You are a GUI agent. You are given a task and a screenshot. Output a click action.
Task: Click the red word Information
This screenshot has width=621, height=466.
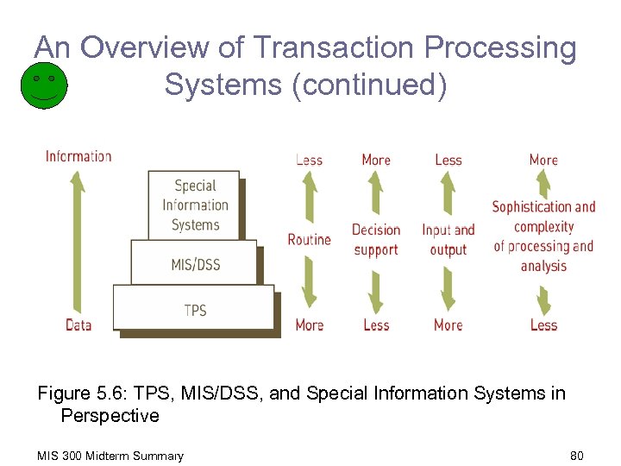78,156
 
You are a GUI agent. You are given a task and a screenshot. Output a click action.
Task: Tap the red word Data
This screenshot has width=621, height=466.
78,325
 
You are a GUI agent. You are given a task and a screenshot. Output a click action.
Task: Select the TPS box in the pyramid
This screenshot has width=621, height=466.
194,309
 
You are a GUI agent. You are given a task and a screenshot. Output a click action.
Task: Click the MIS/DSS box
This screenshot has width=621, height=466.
194,263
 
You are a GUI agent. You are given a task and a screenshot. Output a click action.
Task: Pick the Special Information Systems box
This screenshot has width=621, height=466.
194,205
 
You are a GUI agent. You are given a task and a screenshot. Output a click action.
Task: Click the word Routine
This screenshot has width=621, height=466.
309,239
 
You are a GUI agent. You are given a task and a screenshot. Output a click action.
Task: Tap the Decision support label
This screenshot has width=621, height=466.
376,240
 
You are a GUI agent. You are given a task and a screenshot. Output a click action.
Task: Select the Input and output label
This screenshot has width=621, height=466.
448,240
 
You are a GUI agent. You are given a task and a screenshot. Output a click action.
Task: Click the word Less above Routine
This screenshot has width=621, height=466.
309,160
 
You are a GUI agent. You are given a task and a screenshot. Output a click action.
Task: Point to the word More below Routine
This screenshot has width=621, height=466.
309,325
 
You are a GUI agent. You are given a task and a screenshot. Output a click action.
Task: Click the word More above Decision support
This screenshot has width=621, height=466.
376,160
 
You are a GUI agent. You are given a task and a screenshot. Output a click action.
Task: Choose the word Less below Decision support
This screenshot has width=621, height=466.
376,325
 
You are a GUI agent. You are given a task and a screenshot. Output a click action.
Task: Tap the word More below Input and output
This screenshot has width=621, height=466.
448,325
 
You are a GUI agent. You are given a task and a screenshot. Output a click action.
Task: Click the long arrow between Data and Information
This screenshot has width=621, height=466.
78,241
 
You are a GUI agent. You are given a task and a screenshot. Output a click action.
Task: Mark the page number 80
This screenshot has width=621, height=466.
576,456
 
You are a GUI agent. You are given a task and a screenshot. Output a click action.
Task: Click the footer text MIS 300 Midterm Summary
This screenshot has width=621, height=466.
110,456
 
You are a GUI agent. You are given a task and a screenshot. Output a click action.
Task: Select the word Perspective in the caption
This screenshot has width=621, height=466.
110,416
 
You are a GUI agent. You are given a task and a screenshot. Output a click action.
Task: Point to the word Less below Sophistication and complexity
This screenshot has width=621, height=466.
543,325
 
